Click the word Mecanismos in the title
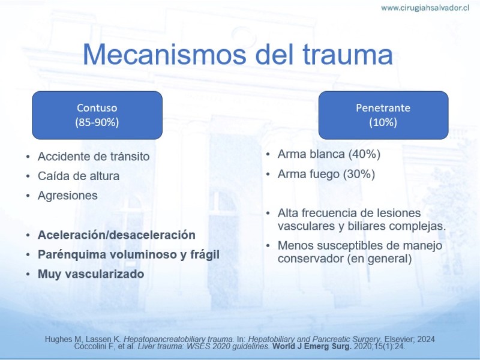click(x=164, y=55)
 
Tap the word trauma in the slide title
click(x=348, y=55)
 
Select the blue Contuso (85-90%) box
click(x=97, y=115)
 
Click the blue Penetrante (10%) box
click(x=383, y=115)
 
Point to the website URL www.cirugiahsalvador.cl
click(x=425, y=8)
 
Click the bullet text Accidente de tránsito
click(x=94, y=157)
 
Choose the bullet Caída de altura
click(x=79, y=176)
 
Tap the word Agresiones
click(x=68, y=196)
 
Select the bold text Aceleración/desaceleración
click(x=116, y=235)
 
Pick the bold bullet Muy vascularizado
click(x=91, y=274)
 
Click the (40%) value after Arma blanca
click(x=364, y=154)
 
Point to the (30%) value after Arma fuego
click(x=359, y=174)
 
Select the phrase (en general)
click(x=380, y=259)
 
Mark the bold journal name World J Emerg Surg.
click(x=312, y=347)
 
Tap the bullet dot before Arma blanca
click(x=268, y=154)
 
